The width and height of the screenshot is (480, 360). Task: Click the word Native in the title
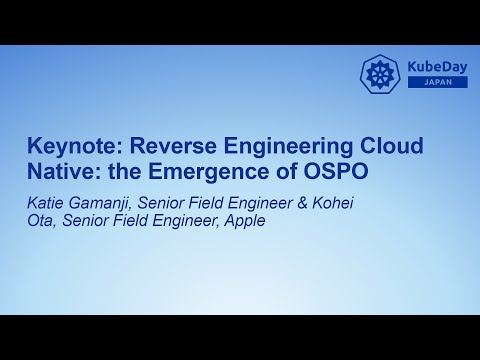point(59,171)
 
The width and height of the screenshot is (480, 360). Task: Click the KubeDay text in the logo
point(436,67)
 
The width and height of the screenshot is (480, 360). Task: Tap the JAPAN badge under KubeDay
point(436,82)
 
